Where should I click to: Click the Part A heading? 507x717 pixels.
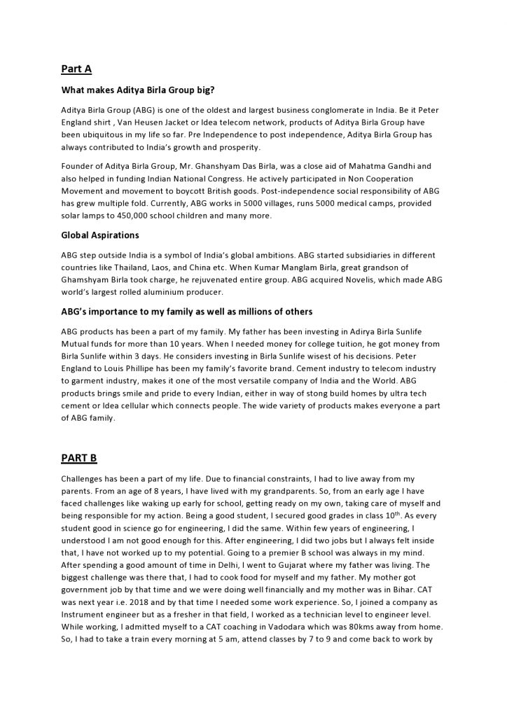tap(76, 69)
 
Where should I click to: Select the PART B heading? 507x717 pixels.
tap(79, 458)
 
